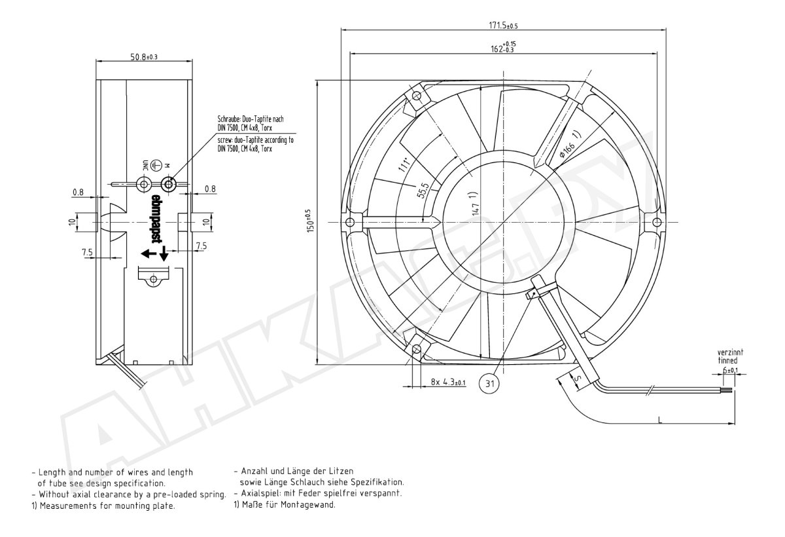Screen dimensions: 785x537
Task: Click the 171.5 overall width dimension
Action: (503, 26)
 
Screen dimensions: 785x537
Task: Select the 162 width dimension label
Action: (503, 47)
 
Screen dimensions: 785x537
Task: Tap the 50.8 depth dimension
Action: (144, 56)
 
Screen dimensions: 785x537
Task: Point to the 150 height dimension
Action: (310, 221)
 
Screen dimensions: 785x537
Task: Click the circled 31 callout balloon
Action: (489, 383)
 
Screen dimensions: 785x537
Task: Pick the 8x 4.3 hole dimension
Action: (448, 382)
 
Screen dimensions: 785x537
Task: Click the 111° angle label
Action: (404, 164)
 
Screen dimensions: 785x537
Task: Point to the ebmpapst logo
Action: (156, 219)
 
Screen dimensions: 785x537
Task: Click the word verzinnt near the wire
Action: (730, 352)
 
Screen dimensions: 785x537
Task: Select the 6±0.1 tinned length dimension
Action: (730, 370)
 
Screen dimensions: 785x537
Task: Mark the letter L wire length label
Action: (660, 420)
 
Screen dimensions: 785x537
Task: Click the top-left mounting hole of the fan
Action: (417, 96)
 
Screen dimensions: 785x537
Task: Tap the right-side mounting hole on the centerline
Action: (657, 222)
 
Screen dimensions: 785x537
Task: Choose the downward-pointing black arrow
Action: (164, 253)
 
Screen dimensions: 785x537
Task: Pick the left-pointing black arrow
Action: (148, 253)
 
